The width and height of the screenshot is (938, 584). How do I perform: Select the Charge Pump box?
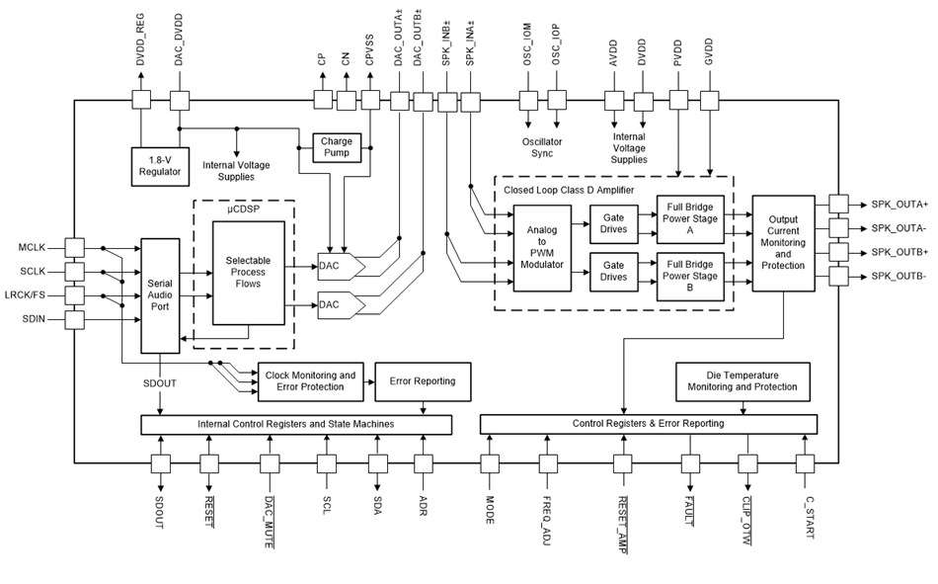coord(336,147)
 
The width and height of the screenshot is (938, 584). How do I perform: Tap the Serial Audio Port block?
coord(159,294)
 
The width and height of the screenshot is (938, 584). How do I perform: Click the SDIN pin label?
coord(38,318)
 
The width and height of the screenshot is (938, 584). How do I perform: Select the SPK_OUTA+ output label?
coord(899,204)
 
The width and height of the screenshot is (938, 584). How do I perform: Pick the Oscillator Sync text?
coord(542,148)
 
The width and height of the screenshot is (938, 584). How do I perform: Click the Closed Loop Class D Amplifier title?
coord(570,189)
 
